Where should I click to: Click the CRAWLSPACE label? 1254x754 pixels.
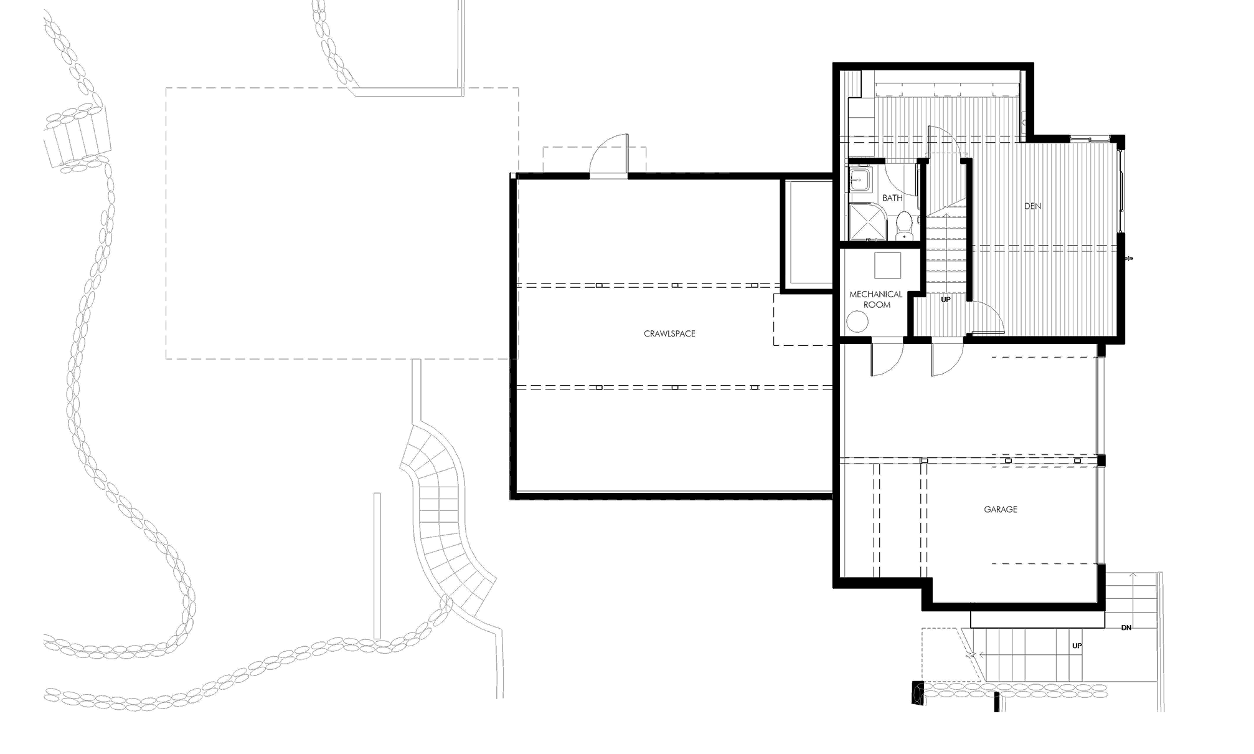point(669,334)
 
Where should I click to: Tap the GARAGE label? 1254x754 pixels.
point(1001,510)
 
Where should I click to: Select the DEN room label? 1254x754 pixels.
point(1032,206)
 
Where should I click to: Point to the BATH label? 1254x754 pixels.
point(892,198)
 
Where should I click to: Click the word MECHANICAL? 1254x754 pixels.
point(875,295)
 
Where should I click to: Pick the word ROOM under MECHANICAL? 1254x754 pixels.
point(877,305)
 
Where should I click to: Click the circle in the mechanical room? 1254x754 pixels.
point(857,322)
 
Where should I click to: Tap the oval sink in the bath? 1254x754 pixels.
point(902,221)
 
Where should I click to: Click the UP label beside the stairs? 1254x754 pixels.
point(944,300)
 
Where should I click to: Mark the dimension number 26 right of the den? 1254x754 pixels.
point(1129,258)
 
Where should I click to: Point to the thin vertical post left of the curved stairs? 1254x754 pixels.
point(377,564)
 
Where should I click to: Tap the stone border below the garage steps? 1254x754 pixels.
point(1012,690)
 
